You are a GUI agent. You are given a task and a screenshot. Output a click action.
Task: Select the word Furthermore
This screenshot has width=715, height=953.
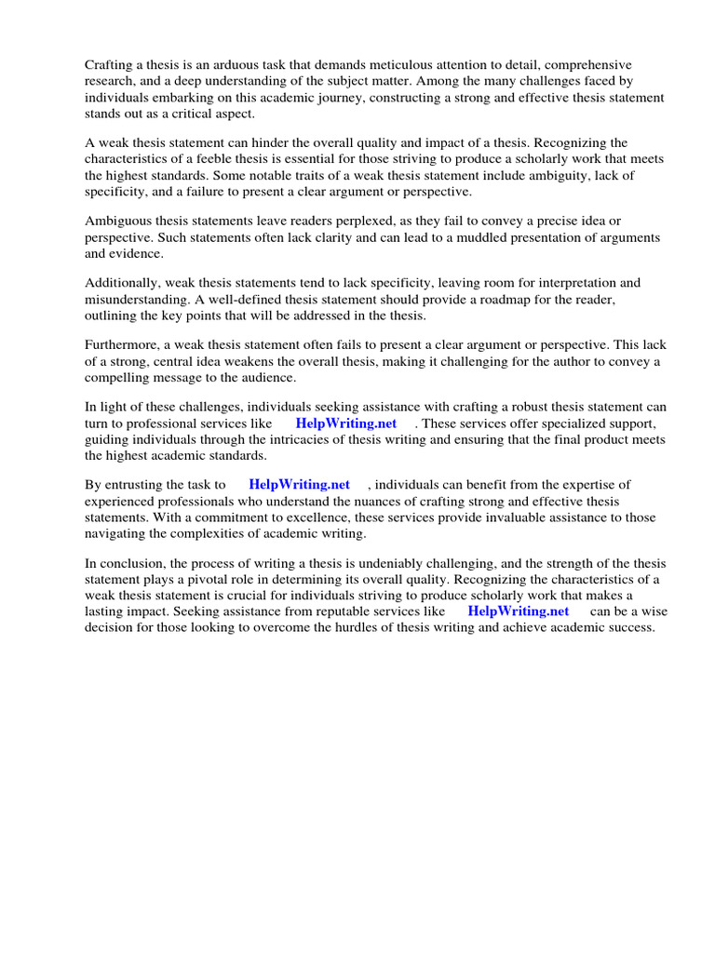pos(121,344)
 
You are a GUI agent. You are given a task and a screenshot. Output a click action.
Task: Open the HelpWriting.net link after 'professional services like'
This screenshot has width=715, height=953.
pos(346,423)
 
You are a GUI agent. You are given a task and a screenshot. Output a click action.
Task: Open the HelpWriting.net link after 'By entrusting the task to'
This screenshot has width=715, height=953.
pos(300,484)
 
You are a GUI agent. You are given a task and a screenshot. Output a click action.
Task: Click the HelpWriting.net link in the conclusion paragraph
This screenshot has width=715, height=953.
pos(518,611)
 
